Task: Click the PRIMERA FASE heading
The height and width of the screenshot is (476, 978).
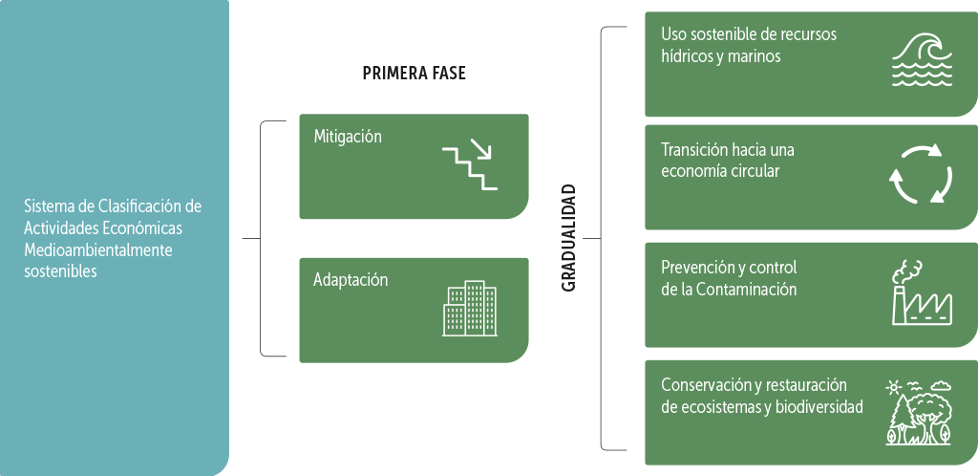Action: pyautogui.click(x=414, y=74)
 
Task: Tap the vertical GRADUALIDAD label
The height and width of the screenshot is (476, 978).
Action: pyautogui.click(x=569, y=238)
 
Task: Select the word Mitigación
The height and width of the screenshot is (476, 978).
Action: pyautogui.click(x=348, y=137)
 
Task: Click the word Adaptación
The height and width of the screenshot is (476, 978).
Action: pyautogui.click(x=351, y=280)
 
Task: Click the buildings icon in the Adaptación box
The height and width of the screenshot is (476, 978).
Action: pyautogui.click(x=470, y=309)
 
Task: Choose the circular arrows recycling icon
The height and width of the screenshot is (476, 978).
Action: pyautogui.click(x=921, y=174)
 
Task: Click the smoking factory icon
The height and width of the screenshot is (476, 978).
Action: pyautogui.click(x=921, y=292)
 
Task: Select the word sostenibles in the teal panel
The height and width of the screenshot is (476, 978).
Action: pyautogui.click(x=60, y=271)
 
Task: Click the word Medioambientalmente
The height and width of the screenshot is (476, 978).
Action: pyautogui.click(x=98, y=250)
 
